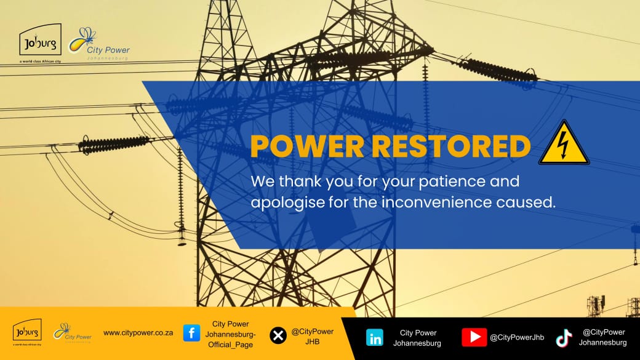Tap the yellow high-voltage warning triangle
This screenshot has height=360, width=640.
564,143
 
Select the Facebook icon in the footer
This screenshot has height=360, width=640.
191,334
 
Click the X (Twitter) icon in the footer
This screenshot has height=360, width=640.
278,335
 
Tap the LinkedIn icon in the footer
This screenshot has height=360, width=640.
374,338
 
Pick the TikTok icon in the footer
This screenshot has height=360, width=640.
564,338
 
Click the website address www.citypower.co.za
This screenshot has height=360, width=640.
138,333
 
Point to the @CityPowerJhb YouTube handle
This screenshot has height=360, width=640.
517,337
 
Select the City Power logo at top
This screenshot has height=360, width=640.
98,44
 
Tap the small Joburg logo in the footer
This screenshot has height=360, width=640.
27,332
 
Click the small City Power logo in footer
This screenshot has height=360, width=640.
72,333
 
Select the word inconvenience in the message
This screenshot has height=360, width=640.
446,202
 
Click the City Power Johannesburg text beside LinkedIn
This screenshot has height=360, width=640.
417,338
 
